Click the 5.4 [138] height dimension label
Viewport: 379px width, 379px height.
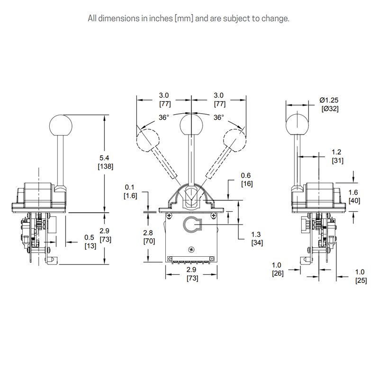105,162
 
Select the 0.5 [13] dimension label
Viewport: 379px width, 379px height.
89,241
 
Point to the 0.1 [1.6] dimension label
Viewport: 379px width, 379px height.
131,191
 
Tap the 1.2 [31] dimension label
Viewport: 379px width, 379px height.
337,156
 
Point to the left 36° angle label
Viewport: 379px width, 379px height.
163,117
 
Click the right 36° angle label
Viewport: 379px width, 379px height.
218,117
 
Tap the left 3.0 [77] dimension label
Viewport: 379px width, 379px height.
164,99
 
